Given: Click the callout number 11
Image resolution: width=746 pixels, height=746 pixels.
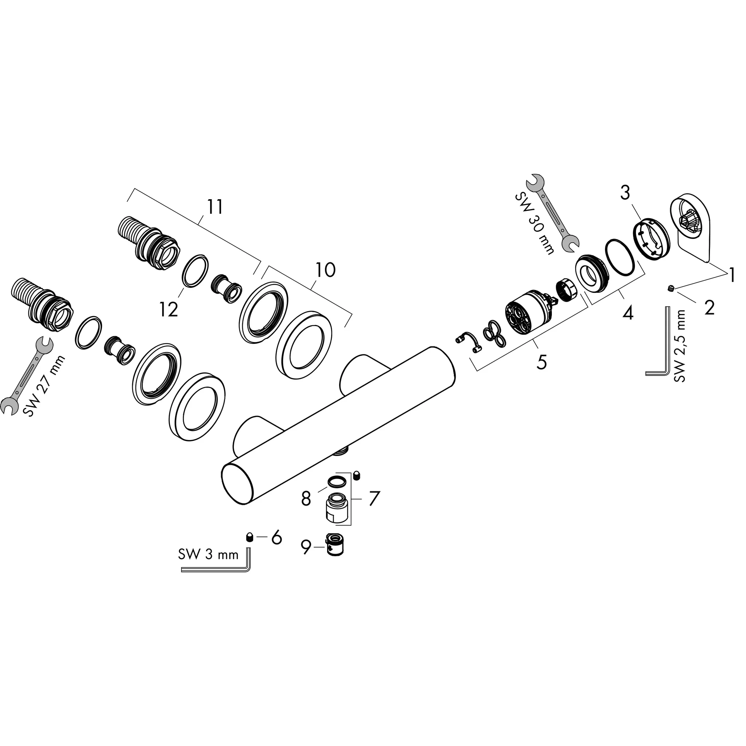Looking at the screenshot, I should (215, 207).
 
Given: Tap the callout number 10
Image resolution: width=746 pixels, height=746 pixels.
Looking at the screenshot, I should (326, 270).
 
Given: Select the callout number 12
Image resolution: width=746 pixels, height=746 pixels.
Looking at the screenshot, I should (169, 309).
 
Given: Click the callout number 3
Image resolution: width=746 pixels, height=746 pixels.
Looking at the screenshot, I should (625, 193).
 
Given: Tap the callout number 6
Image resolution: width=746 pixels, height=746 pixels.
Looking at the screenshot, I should (276, 538).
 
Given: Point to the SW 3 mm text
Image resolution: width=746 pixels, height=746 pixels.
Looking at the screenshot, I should (208, 555).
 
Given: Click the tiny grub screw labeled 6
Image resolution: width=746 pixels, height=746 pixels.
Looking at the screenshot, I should (250, 537).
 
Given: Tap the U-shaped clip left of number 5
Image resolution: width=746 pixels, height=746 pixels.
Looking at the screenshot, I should (468, 342).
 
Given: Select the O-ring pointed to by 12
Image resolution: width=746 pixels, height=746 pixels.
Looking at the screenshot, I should (195, 271).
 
